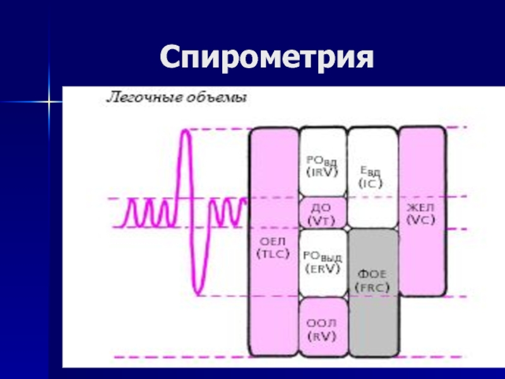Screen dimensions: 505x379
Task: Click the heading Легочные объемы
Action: (175, 98)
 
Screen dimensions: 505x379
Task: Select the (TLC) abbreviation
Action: (273, 254)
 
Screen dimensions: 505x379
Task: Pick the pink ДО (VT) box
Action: (323, 213)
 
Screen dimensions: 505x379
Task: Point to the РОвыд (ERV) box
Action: (323, 262)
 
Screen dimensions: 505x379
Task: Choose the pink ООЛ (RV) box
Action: (323, 328)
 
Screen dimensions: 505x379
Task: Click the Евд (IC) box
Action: (372, 177)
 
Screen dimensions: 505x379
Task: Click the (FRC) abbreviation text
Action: (374, 289)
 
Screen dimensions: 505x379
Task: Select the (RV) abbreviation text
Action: (323, 336)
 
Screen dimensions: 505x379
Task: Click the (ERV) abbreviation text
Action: (323, 269)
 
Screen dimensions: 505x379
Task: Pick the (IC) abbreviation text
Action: (372, 184)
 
